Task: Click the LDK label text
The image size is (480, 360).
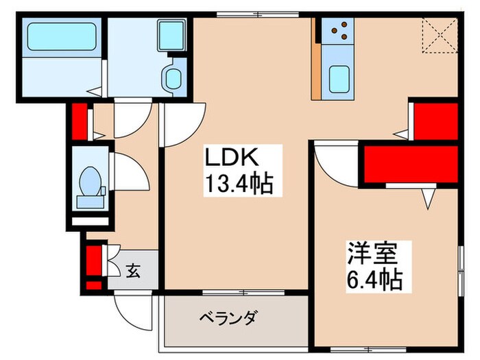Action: [234, 158]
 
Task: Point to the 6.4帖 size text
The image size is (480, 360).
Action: [374, 279]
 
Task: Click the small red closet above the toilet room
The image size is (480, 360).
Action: [79, 120]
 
